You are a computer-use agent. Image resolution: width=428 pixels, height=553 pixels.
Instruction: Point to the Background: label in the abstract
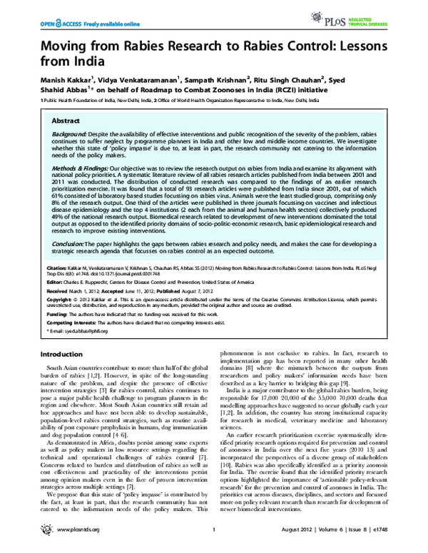coord(70,135)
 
